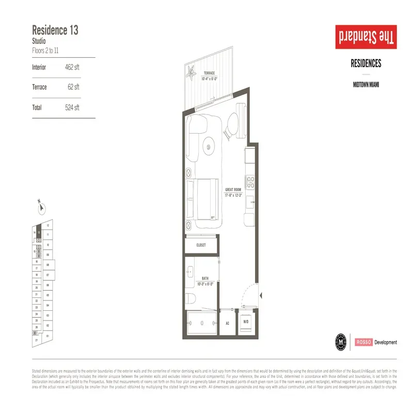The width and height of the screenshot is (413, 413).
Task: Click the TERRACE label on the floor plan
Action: [x=209, y=73]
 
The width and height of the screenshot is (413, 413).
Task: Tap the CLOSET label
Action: [x=201, y=245]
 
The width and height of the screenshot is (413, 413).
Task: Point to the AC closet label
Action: [x=227, y=324]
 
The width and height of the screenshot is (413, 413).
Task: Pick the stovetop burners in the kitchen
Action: [x=251, y=182]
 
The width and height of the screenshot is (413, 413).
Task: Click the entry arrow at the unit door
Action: [x=262, y=296]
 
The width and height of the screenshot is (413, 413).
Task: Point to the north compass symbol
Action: [x=41, y=208]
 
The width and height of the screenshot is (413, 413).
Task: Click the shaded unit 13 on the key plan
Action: [x=38, y=233]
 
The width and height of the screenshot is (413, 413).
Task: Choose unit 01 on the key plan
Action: [x=47, y=336]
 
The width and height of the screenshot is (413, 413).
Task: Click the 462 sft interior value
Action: [x=72, y=68]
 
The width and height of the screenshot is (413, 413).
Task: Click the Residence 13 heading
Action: [x=55, y=30]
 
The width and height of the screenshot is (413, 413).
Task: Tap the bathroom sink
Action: [x=190, y=271]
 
